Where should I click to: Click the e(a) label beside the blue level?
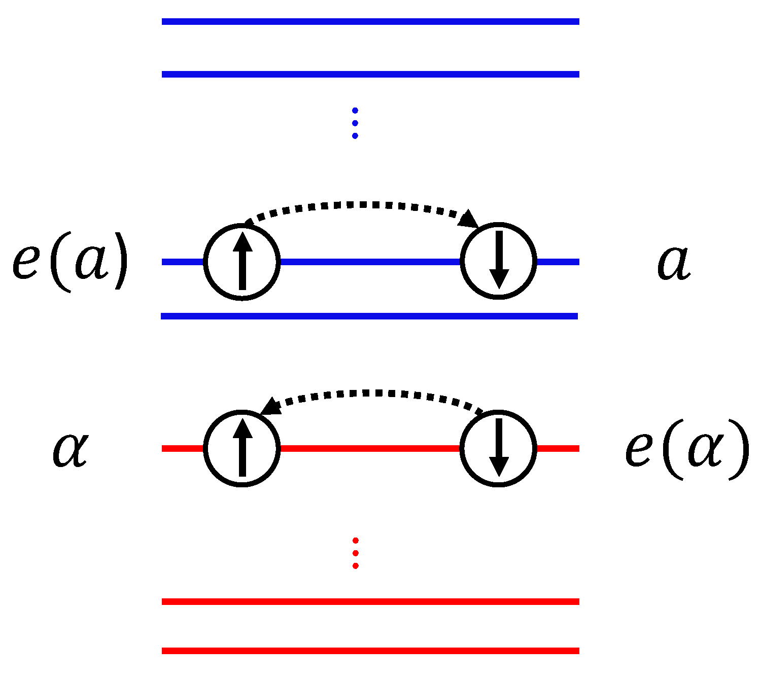click(x=70, y=262)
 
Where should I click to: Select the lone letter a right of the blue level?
click(x=674, y=263)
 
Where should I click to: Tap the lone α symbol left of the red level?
click(x=71, y=449)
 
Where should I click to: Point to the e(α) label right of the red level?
click(x=686, y=449)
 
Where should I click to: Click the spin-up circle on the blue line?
click(x=242, y=262)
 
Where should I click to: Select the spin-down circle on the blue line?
click(x=498, y=261)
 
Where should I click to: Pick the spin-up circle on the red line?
click(x=242, y=448)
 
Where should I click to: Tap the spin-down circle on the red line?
click(x=498, y=448)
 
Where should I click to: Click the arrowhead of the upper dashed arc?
click(x=469, y=219)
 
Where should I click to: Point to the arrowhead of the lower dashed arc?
click(x=271, y=406)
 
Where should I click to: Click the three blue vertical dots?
click(x=355, y=123)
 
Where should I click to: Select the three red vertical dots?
click(x=355, y=553)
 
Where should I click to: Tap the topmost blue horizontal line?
click(x=370, y=21)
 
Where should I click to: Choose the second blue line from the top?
click(x=370, y=74)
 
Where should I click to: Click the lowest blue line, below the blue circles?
click(x=369, y=316)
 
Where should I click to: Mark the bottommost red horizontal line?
click(x=370, y=651)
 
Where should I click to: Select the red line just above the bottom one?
click(x=370, y=601)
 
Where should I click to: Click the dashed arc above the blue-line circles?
click(x=360, y=205)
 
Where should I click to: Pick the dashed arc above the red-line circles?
click(x=375, y=392)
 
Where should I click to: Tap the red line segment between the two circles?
click(x=370, y=448)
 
